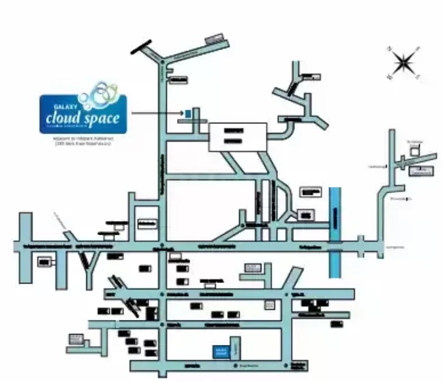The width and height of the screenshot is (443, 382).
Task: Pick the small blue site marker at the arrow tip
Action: [188, 113]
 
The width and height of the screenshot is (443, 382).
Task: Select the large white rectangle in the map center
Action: [237, 137]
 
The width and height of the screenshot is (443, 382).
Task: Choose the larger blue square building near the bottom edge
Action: [222, 351]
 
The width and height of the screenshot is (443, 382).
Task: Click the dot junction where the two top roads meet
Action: [162, 61]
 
